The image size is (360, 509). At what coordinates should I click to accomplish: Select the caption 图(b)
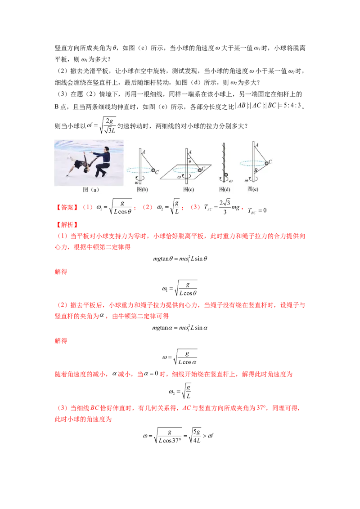[142, 189]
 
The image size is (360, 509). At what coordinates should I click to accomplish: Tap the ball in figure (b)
[153, 170]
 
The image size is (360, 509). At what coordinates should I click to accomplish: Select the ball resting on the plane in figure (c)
[199, 170]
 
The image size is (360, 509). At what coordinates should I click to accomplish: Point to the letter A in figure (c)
[190, 152]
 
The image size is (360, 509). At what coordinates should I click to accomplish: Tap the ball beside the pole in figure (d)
[226, 175]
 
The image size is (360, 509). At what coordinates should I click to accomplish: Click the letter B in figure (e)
[255, 171]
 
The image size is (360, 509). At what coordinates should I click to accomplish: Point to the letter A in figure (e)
[256, 145]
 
